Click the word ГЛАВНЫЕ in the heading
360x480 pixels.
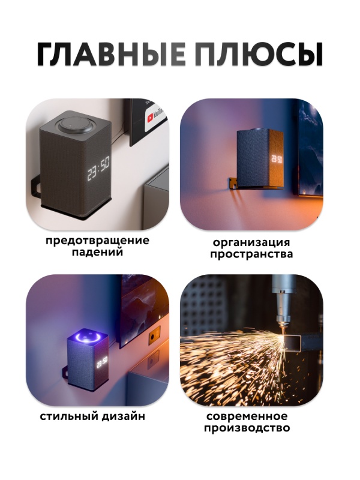click(111, 55)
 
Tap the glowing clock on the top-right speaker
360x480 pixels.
click(277, 160)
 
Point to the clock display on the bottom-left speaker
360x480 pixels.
click(101, 363)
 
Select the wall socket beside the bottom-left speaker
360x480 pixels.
click(154, 337)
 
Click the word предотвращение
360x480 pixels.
click(97, 241)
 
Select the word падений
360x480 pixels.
click(97, 253)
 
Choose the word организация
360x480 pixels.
click(251, 243)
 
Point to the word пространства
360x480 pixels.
click(251, 254)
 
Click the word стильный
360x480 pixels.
click(68, 416)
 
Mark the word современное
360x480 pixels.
click(247, 416)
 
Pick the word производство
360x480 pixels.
click(247, 428)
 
